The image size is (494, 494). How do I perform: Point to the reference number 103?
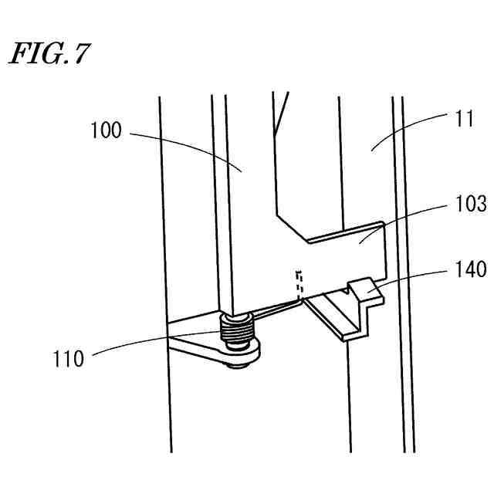[471, 205]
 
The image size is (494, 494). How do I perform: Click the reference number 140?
[471, 269]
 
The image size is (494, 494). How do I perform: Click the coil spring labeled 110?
[236, 334]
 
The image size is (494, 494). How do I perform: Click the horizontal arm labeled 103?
[347, 247]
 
